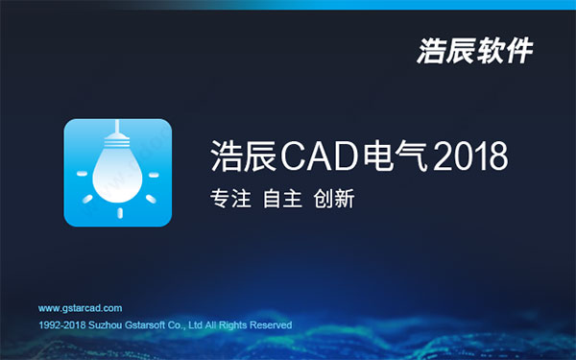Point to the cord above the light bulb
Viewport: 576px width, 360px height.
click(x=117, y=131)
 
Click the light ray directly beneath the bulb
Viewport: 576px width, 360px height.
click(x=117, y=209)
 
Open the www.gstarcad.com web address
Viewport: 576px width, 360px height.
click(x=80, y=308)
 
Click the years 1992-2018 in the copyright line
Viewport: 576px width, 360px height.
click(x=58, y=325)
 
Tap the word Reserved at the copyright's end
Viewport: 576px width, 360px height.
click(x=270, y=325)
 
